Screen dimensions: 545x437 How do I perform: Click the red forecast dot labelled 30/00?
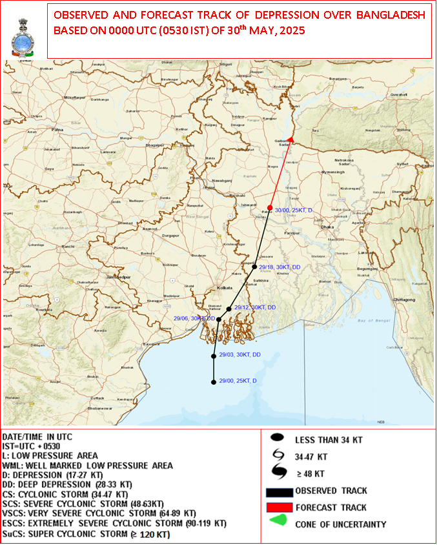[270, 207]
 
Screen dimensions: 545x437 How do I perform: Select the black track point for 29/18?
[254, 267]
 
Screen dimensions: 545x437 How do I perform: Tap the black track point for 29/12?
[229, 309]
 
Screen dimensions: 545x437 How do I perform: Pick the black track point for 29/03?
[214, 356]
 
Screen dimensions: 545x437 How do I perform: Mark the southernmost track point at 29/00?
[213, 382]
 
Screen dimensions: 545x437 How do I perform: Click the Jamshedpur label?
[119, 276]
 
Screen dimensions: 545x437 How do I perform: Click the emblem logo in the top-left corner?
[24, 37]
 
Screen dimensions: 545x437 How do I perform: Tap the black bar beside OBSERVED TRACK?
[279, 492]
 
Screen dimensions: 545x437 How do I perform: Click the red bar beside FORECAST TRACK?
[279, 508]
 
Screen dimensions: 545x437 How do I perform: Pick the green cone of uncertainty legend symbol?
[279, 524]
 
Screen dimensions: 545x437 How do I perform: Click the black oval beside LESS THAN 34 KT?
[279, 439]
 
